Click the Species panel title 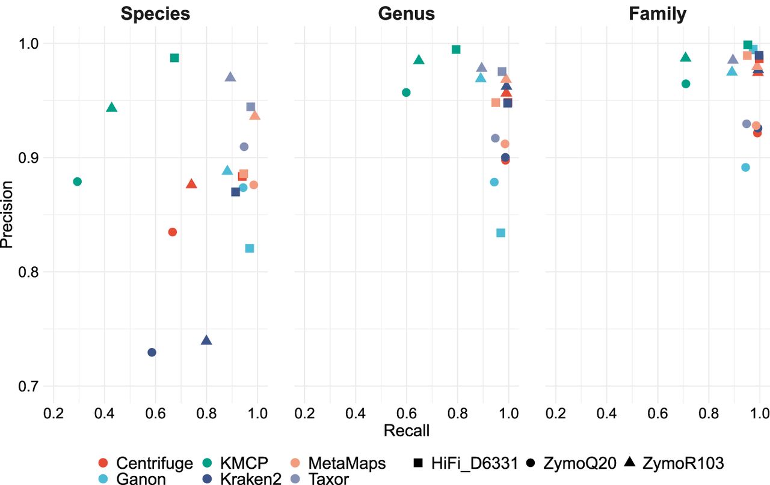(x=155, y=14)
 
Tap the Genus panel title (x=406, y=14)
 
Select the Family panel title (x=658, y=14)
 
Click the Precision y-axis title (x=7, y=215)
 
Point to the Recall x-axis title (x=406, y=430)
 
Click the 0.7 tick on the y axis (x=28, y=386)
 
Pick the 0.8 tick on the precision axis (x=28, y=272)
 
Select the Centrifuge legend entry (x=146, y=463)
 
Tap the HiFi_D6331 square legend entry (x=466, y=463)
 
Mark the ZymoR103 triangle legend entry (x=674, y=463)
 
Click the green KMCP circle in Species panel (x=78, y=181)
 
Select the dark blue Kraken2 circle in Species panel (x=152, y=352)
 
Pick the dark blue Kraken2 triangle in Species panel (x=206, y=340)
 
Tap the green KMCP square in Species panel (x=174, y=58)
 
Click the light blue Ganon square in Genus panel (x=501, y=233)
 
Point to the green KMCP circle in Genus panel (x=406, y=93)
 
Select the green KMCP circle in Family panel (x=685, y=84)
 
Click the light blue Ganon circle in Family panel (x=745, y=167)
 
